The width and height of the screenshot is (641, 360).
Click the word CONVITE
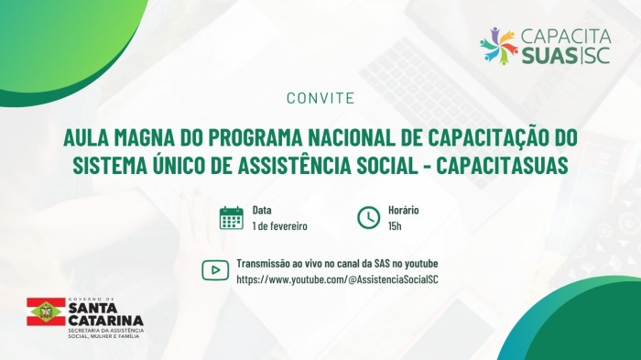(x=320, y=97)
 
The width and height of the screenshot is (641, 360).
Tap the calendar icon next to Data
(x=232, y=218)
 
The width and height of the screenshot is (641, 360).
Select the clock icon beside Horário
(x=368, y=218)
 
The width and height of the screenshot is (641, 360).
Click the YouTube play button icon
(x=215, y=269)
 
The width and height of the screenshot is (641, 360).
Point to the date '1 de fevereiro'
(x=279, y=225)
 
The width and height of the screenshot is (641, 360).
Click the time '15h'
(x=395, y=225)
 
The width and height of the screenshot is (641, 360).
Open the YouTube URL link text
(x=337, y=278)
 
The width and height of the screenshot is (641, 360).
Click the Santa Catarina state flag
(x=45, y=311)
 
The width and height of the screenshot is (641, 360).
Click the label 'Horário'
(x=404, y=210)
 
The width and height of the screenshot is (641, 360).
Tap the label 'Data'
(x=262, y=210)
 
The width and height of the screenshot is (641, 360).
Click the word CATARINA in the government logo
(x=104, y=320)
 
